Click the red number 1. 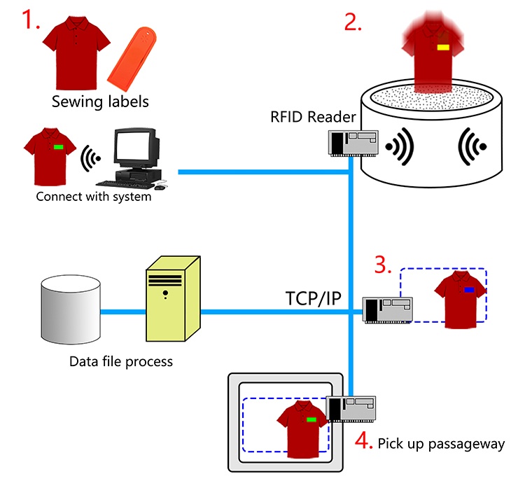(30, 20)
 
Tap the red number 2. (353, 22)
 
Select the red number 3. (383, 265)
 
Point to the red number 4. (363, 440)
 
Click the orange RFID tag (132, 60)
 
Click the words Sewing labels (100, 102)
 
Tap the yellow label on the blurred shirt (443, 48)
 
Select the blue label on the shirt (469, 290)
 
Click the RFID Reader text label (313, 117)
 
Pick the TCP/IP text (314, 298)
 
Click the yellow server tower (173, 299)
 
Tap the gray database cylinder (71, 309)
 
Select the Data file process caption (121, 362)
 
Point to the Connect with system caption (93, 197)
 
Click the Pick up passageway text (441, 443)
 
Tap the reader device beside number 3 (388, 310)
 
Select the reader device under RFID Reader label (353, 144)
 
